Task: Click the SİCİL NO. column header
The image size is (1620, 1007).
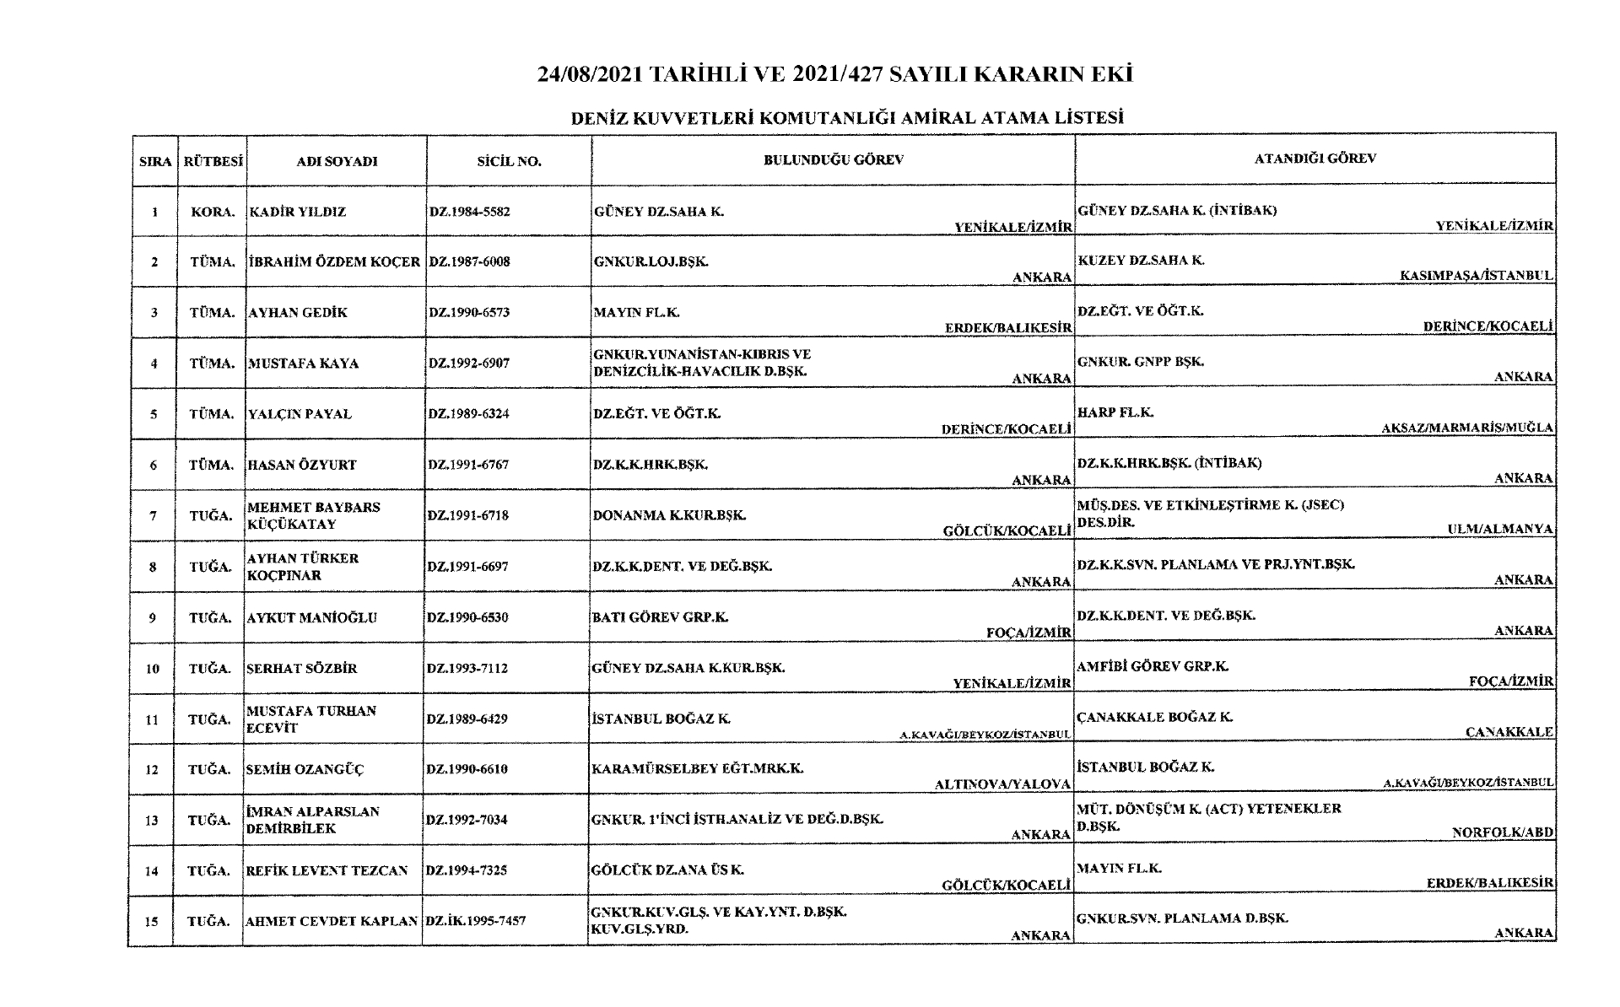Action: click(509, 161)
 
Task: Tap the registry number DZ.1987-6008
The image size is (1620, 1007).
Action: click(469, 261)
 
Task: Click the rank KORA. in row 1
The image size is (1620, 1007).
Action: click(212, 212)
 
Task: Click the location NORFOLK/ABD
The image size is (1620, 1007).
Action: click(1502, 832)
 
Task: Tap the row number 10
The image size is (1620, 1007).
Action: click(153, 669)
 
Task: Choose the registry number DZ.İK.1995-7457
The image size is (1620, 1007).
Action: click(476, 921)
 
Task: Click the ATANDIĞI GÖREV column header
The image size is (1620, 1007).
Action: click(1315, 158)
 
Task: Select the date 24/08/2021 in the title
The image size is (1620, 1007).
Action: click(590, 74)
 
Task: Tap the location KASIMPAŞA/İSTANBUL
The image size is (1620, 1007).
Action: click(1476, 276)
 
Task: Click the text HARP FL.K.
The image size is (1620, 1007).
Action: click(1115, 412)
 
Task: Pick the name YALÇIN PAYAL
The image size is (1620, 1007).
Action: click(299, 414)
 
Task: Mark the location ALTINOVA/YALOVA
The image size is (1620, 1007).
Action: click(1002, 784)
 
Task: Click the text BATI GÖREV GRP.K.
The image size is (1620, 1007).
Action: click(660, 617)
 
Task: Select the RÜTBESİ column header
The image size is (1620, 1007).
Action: click(213, 161)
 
